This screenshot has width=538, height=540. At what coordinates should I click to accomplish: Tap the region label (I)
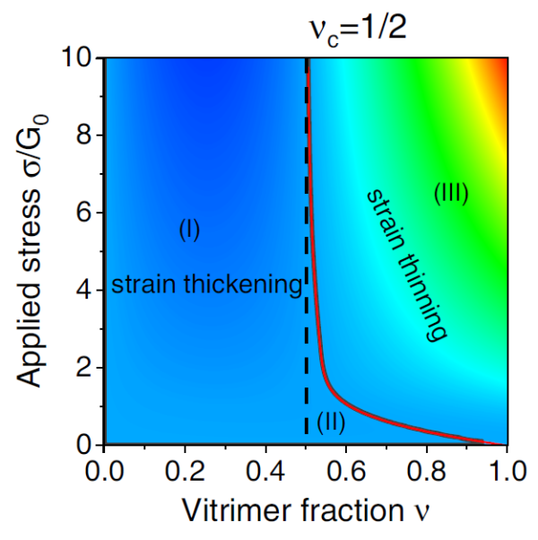(x=188, y=231)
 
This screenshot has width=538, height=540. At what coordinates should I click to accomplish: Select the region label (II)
(x=331, y=420)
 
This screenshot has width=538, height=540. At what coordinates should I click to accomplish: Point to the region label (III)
(x=451, y=193)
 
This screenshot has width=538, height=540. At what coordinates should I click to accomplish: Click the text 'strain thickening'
(x=206, y=285)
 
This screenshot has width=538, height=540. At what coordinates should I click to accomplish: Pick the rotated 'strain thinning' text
(x=406, y=264)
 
